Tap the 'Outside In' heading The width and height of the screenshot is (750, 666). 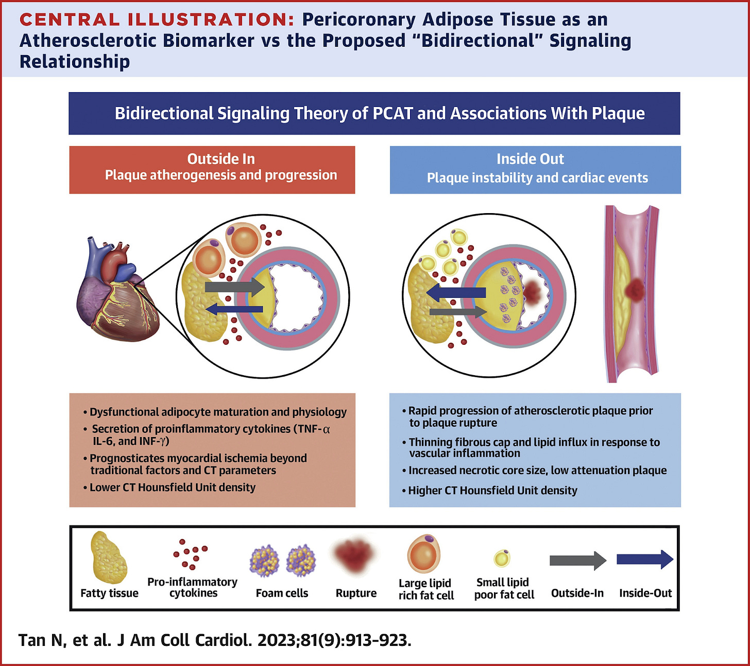pyautogui.click(x=221, y=159)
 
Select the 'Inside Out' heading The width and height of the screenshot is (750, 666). pyautogui.click(x=530, y=159)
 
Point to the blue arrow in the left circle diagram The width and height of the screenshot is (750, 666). pyautogui.click(x=234, y=309)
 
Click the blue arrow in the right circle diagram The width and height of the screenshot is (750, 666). pyautogui.click(x=456, y=293)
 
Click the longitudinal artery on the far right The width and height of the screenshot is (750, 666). pyautogui.click(x=632, y=293)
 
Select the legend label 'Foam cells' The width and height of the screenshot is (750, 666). pyautogui.click(x=282, y=593)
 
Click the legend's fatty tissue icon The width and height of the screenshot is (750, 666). pyautogui.click(x=109, y=557)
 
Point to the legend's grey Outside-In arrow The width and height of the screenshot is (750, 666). pyautogui.click(x=577, y=560)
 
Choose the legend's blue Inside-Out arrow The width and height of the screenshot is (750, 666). pyautogui.click(x=645, y=559)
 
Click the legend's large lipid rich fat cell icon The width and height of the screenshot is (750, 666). pyautogui.click(x=424, y=553)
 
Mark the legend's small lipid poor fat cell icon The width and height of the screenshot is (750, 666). pyautogui.click(x=502, y=558)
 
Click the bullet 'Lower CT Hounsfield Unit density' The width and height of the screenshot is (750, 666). pyautogui.click(x=173, y=487)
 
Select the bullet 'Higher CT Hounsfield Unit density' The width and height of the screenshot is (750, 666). pyautogui.click(x=492, y=490)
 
